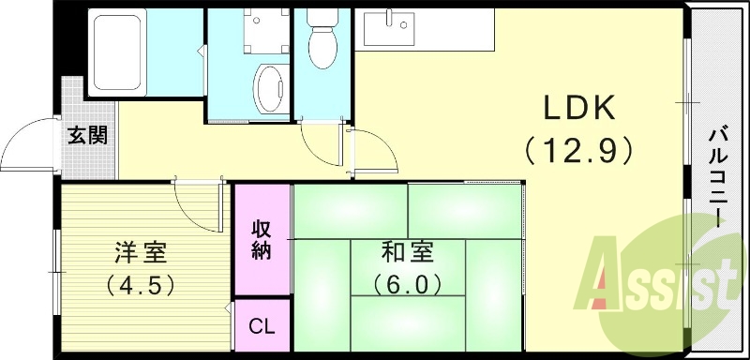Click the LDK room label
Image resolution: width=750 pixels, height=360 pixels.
pos(581,110)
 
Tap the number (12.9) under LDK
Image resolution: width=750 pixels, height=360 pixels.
pos(580,149)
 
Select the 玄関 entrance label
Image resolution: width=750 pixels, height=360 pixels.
pos(86,135)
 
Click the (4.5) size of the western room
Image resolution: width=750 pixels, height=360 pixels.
pos(141,282)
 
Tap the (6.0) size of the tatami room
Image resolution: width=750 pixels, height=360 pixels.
pos(407,282)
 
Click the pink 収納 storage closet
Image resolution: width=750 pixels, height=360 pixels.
pos(262,238)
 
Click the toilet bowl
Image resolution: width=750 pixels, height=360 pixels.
pos(324,41)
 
